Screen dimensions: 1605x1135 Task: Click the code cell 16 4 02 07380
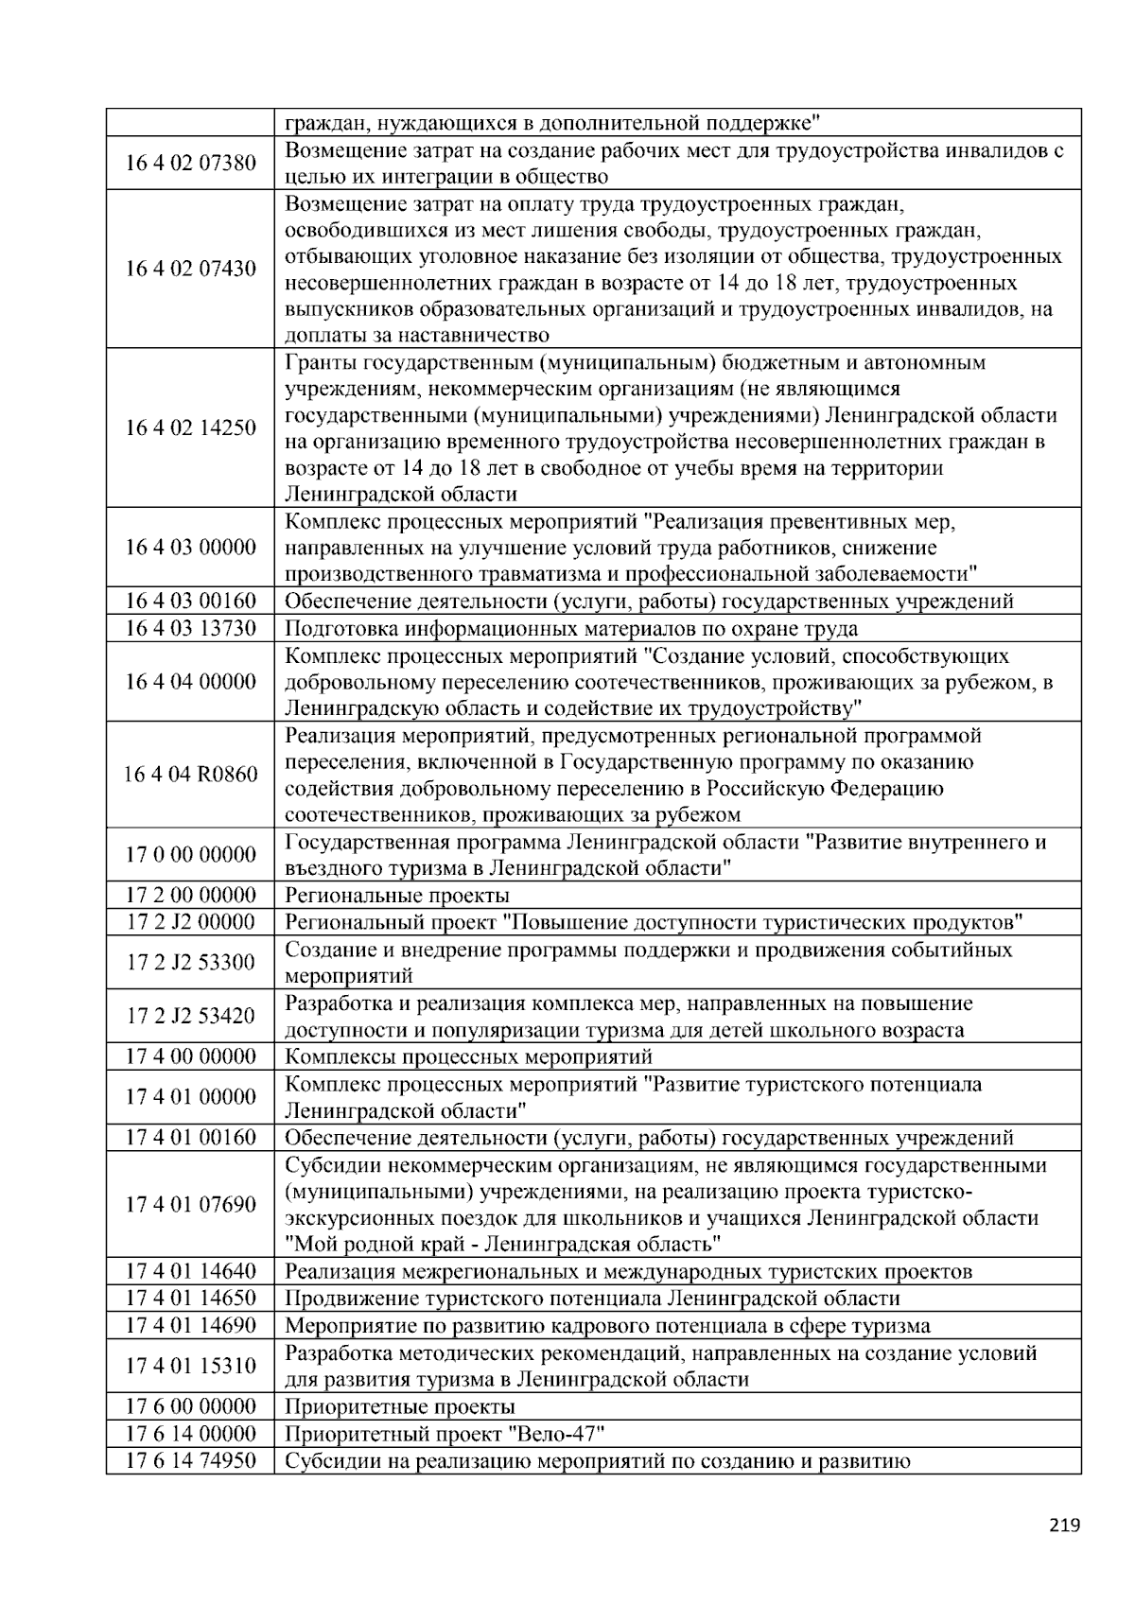click(x=190, y=164)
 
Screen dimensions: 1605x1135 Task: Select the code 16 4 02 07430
click(x=190, y=270)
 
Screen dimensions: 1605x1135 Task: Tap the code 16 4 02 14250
click(x=190, y=428)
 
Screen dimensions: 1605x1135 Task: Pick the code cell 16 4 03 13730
click(x=190, y=629)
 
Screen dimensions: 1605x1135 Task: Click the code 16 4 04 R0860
click(x=190, y=776)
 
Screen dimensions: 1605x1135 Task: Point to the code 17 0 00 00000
click(x=190, y=855)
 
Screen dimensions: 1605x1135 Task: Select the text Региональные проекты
click(x=396, y=896)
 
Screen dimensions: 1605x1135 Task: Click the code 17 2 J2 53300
click(x=190, y=963)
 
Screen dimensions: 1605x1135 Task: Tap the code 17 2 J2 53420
click(x=190, y=1017)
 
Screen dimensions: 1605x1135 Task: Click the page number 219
click(x=1064, y=1525)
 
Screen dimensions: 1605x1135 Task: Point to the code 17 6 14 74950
click(x=190, y=1461)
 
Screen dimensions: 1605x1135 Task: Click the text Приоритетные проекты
click(x=399, y=1407)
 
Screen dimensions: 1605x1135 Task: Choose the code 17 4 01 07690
click(x=190, y=1205)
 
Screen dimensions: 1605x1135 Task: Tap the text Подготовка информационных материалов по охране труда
click(x=571, y=629)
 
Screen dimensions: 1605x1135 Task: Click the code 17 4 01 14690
click(x=190, y=1326)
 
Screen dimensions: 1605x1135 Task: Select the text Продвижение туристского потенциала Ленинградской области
click(x=592, y=1299)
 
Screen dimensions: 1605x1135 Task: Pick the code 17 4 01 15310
click(x=190, y=1367)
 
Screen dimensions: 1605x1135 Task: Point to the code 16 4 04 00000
click(x=190, y=683)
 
